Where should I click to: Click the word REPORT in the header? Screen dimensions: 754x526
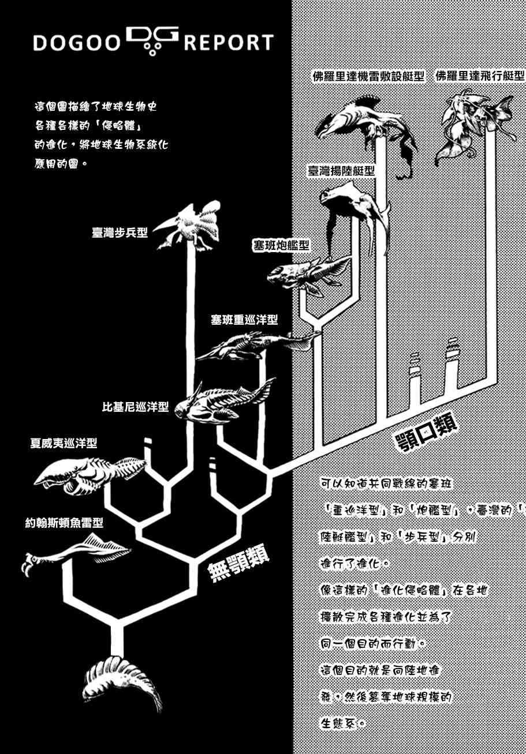coord(229,43)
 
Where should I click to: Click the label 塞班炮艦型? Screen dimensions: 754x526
coord(281,246)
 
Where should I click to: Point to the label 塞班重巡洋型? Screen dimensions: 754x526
coord(244,320)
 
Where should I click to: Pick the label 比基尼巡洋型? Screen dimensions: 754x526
coord(136,407)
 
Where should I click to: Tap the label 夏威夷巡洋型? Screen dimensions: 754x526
coord(64,444)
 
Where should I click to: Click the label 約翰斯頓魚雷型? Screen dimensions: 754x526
coord(64,523)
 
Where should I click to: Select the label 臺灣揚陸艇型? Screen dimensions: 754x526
coord(341,171)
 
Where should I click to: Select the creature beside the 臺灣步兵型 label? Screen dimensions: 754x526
coord(189,227)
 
